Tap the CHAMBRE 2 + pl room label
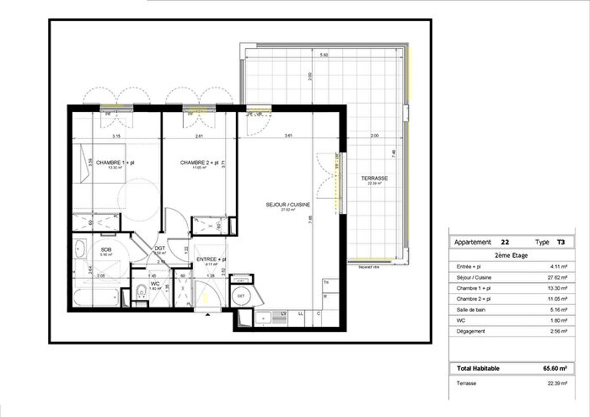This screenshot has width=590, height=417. pyautogui.click(x=199, y=162)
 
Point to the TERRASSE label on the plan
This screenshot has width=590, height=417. pyautogui.click(x=374, y=179)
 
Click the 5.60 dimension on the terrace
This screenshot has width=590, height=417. pyautogui.click(x=323, y=55)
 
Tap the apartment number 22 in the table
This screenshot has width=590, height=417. pyautogui.click(x=504, y=241)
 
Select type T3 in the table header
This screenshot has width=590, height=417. pyautogui.click(x=561, y=241)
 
